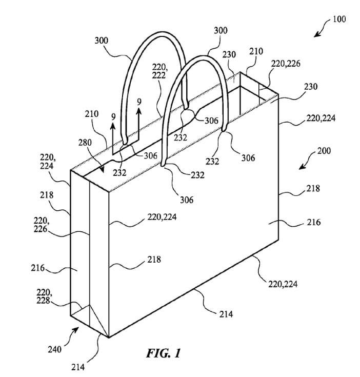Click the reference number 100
coord(339,19)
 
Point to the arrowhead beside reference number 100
coord(316,35)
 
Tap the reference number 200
coord(324,151)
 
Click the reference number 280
coord(85,142)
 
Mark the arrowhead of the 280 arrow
coord(103,172)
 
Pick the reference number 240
coord(54,349)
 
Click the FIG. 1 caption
coord(163,353)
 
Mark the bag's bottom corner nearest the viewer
coord(109,336)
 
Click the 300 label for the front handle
coord(221,31)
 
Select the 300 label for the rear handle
coord(102,40)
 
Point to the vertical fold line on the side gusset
coord(90,256)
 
